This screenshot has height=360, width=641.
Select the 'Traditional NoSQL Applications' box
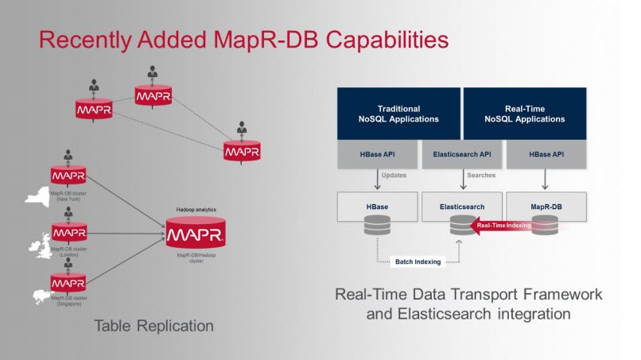(398, 114)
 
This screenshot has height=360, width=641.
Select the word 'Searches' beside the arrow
(483, 175)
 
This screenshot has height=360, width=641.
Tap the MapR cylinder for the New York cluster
(68, 176)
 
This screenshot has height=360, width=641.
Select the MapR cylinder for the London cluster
(68, 232)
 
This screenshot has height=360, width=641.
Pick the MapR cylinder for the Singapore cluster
(68, 282)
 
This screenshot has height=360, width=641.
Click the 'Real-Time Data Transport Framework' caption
(468, 295)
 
